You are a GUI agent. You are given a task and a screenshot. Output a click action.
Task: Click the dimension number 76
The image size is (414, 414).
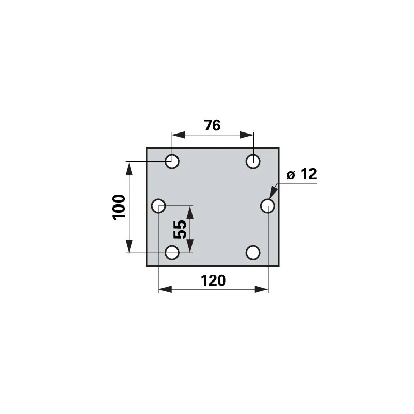pyautogui.click(x=212, y=125)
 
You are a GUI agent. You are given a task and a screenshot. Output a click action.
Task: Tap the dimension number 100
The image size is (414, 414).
pyautogui.click(x=119, y=208)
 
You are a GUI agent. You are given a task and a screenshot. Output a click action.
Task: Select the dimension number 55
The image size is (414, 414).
pyautogui.click(x=180, y=229)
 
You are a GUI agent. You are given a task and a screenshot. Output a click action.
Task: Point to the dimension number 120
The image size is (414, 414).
pyautogui.click(x=213, y=280)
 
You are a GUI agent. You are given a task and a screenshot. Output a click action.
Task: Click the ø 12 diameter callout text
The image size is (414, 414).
pyautogui.click(x=302, y=174)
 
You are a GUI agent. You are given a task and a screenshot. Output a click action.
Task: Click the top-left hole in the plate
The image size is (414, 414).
pyautogui.click(x=172, y=161)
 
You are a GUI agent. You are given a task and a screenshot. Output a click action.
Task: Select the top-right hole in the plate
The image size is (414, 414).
pyautogui.click(x=253, y=161)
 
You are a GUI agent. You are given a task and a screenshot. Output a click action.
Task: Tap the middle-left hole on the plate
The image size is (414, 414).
pyautogui.click(x=158, y=205)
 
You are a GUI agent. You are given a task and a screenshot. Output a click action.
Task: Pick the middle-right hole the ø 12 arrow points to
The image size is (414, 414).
pyautogui.click(x=268, y=205)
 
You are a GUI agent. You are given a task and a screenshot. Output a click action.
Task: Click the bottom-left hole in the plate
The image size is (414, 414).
pyautogui.click(x=172, y=253)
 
